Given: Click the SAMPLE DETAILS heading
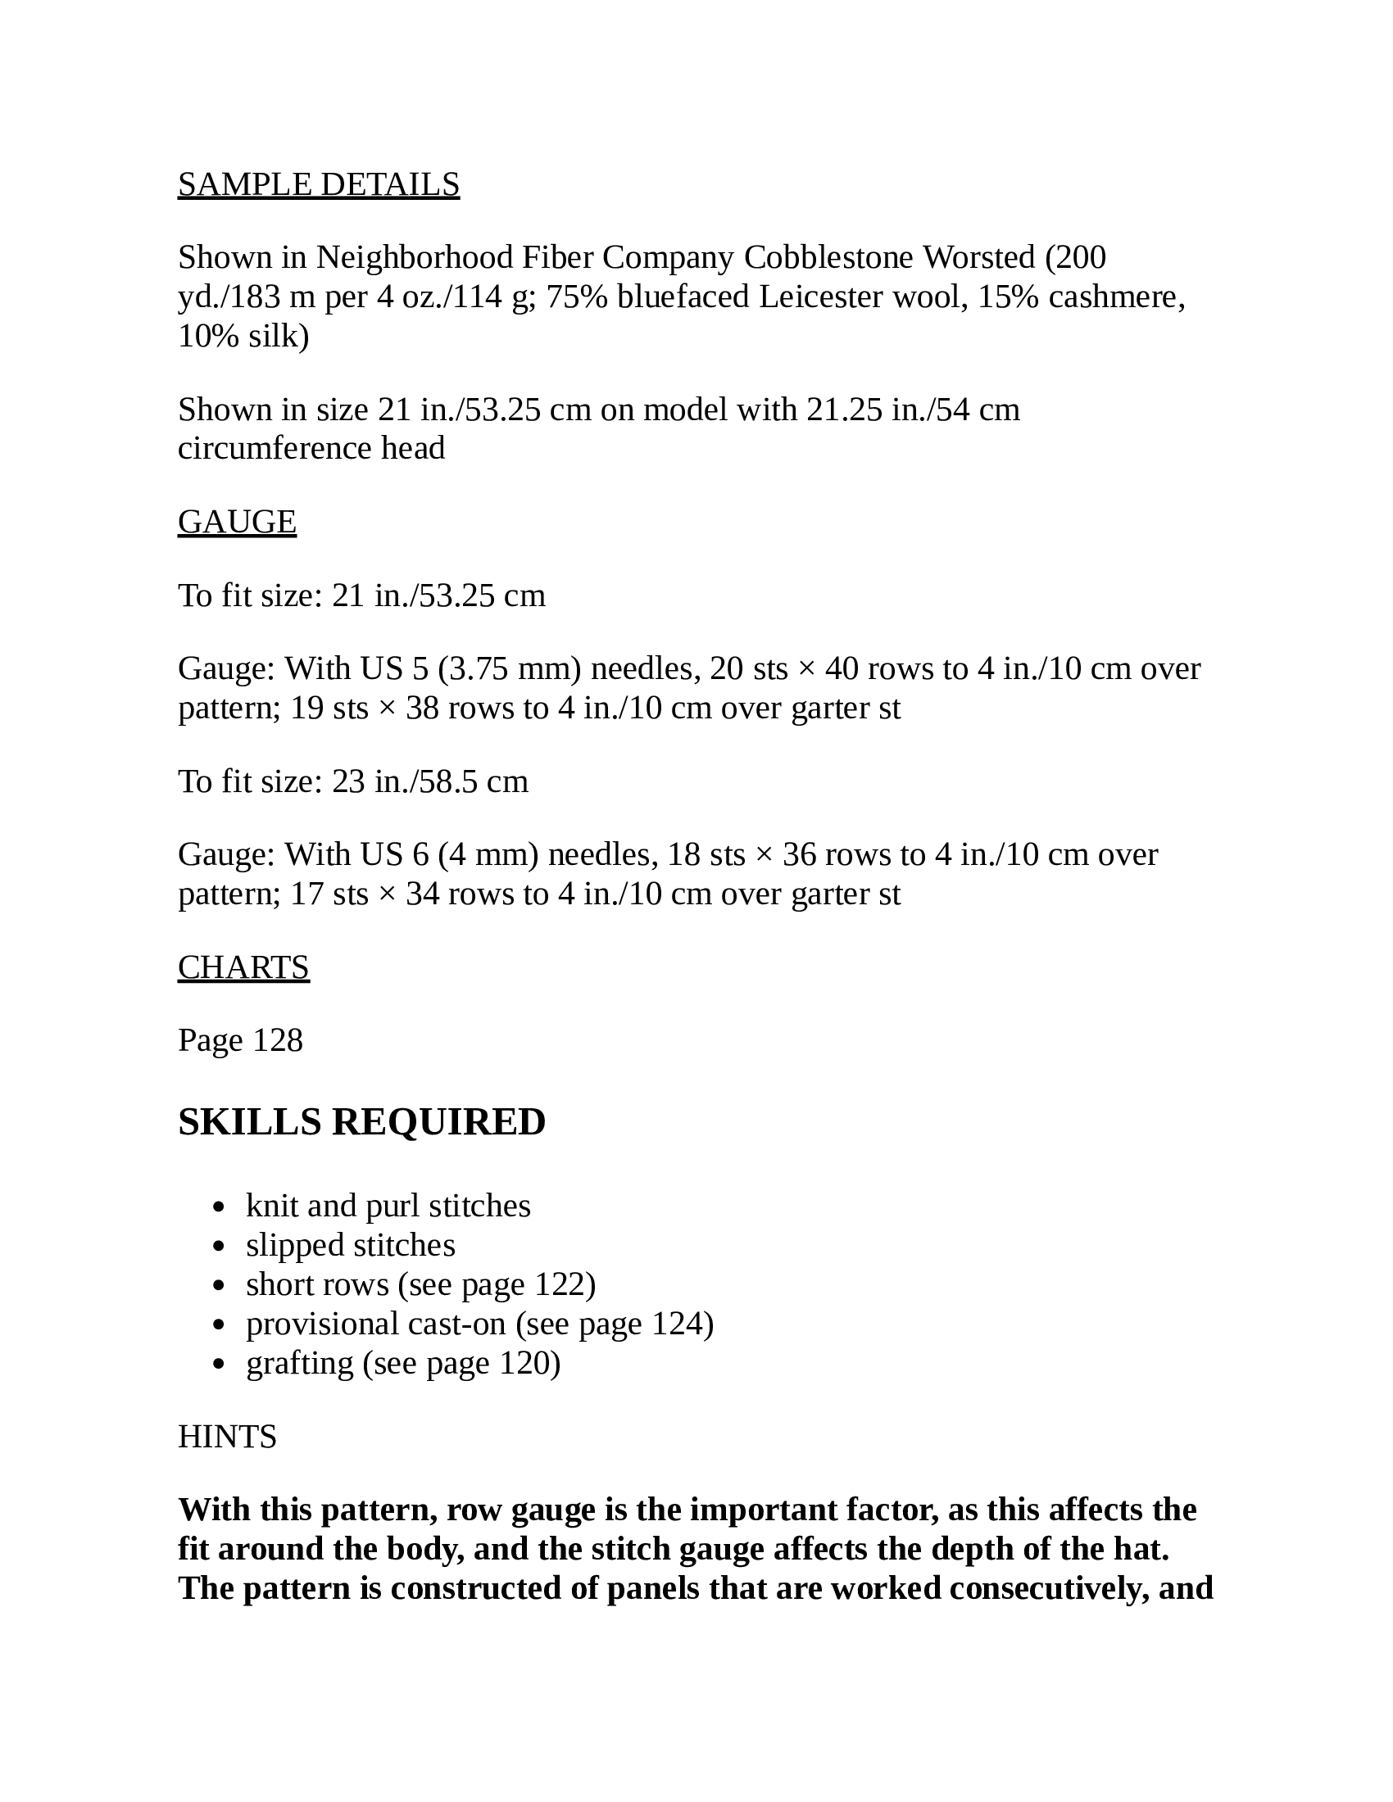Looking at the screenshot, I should (319, 185).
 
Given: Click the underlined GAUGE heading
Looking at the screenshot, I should (237, 523).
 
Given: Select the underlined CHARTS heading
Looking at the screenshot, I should (243, 967).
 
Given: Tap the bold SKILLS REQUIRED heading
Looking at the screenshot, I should (361, 1122).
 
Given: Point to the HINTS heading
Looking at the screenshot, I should (227, 1438).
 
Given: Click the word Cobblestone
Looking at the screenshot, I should (828, 258).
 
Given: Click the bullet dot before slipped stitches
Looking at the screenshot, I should (219, 1247).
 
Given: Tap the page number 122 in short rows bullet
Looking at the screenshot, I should (560, 1284).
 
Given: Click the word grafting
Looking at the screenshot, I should (300, 1363).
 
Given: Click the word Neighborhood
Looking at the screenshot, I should (415, 258).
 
